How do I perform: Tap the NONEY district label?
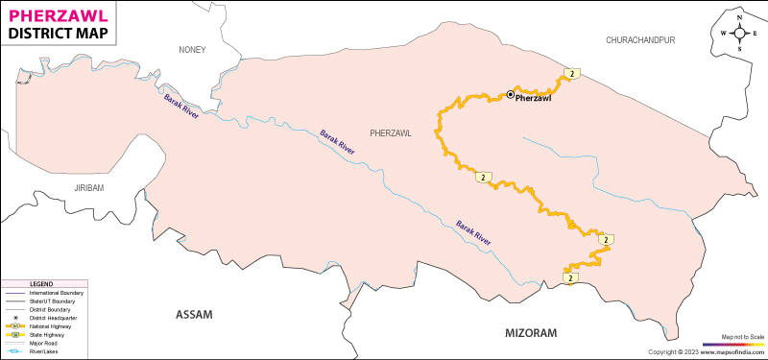pos(192,50)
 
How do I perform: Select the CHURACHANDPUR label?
pos(641,40)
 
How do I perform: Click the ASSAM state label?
pos(193,315)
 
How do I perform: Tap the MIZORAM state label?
pos(531,332)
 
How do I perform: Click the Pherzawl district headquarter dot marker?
pos(510,94)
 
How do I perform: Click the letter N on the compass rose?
pos(739,17)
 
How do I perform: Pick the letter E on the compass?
pos(755,33)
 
